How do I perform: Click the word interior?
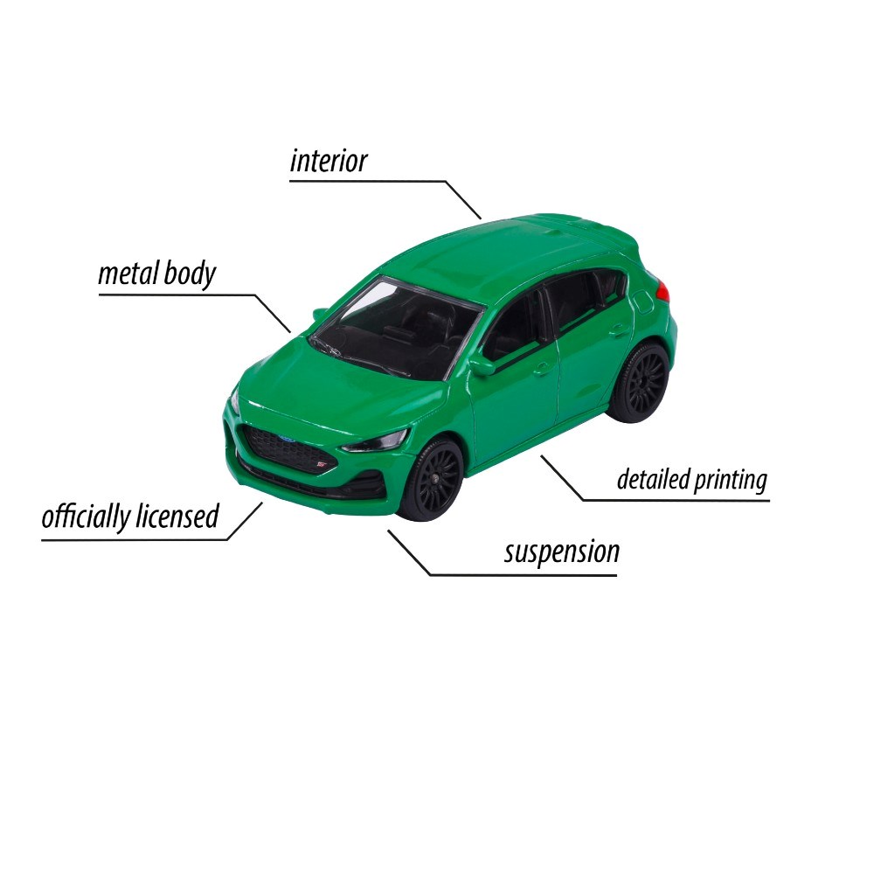pos(329,161)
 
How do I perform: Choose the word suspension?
pos(562,552)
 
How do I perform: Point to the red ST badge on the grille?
pos(321,463)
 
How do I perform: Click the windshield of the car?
pos(395,329)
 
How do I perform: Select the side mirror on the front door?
pos(482,366)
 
